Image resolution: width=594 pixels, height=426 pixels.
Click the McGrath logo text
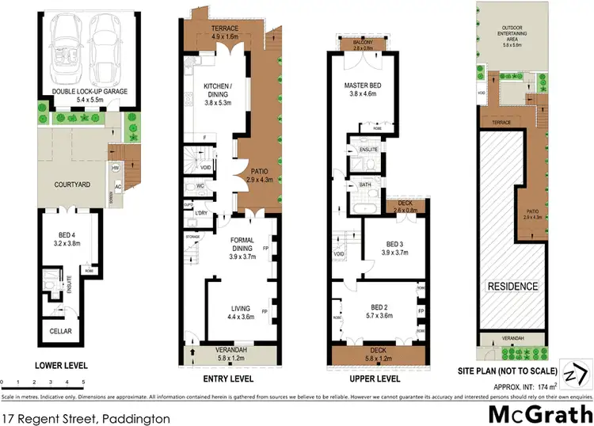pyautogui.click(x=539, y=413)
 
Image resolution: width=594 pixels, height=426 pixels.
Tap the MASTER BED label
pyautogui.click(x=364, y=88)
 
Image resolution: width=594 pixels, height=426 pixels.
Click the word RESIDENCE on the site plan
pyautogui.click(x=512, y=286)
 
